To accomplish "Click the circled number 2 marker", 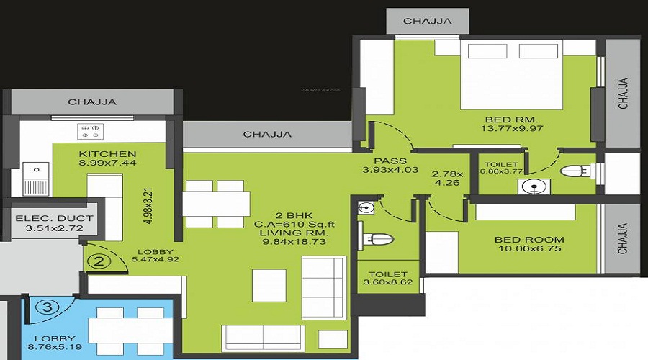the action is [99, 262].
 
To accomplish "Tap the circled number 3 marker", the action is [48, 307].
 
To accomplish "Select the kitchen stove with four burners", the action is [90, 132].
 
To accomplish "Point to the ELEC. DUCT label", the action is [55, 218].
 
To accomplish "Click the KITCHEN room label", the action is [107, 154].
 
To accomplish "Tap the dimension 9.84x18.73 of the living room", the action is [294, 241].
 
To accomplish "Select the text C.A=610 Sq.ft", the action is [294, 225].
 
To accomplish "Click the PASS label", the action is [390, 161].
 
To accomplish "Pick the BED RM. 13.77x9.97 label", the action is [512, 124].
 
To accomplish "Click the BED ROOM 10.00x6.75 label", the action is [529, 244].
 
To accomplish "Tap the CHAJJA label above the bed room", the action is [427, 21].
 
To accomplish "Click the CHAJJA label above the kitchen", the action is [92, 102].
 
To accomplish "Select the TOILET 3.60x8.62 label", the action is [388, 278].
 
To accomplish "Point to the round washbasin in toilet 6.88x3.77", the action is [534, 186].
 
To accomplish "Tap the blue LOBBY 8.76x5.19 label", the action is [55, 343].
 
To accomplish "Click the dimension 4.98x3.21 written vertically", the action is [148, 206].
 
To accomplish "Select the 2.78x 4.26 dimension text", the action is [448, 178].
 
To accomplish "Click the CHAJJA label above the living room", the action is [267, 135].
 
